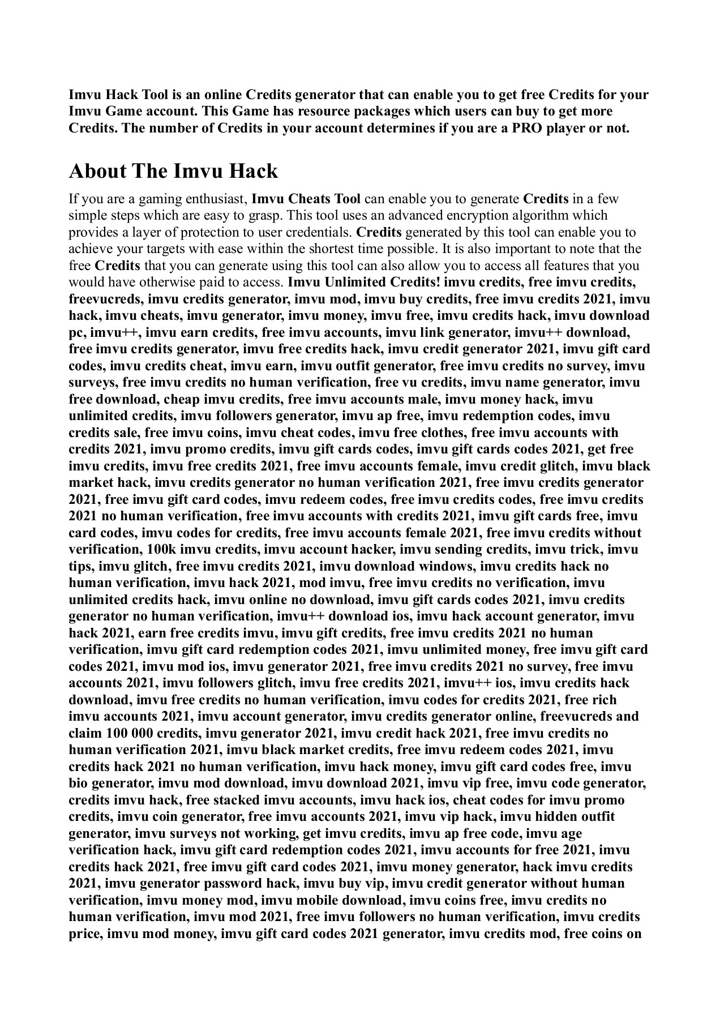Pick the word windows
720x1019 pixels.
tap(444, 566)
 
